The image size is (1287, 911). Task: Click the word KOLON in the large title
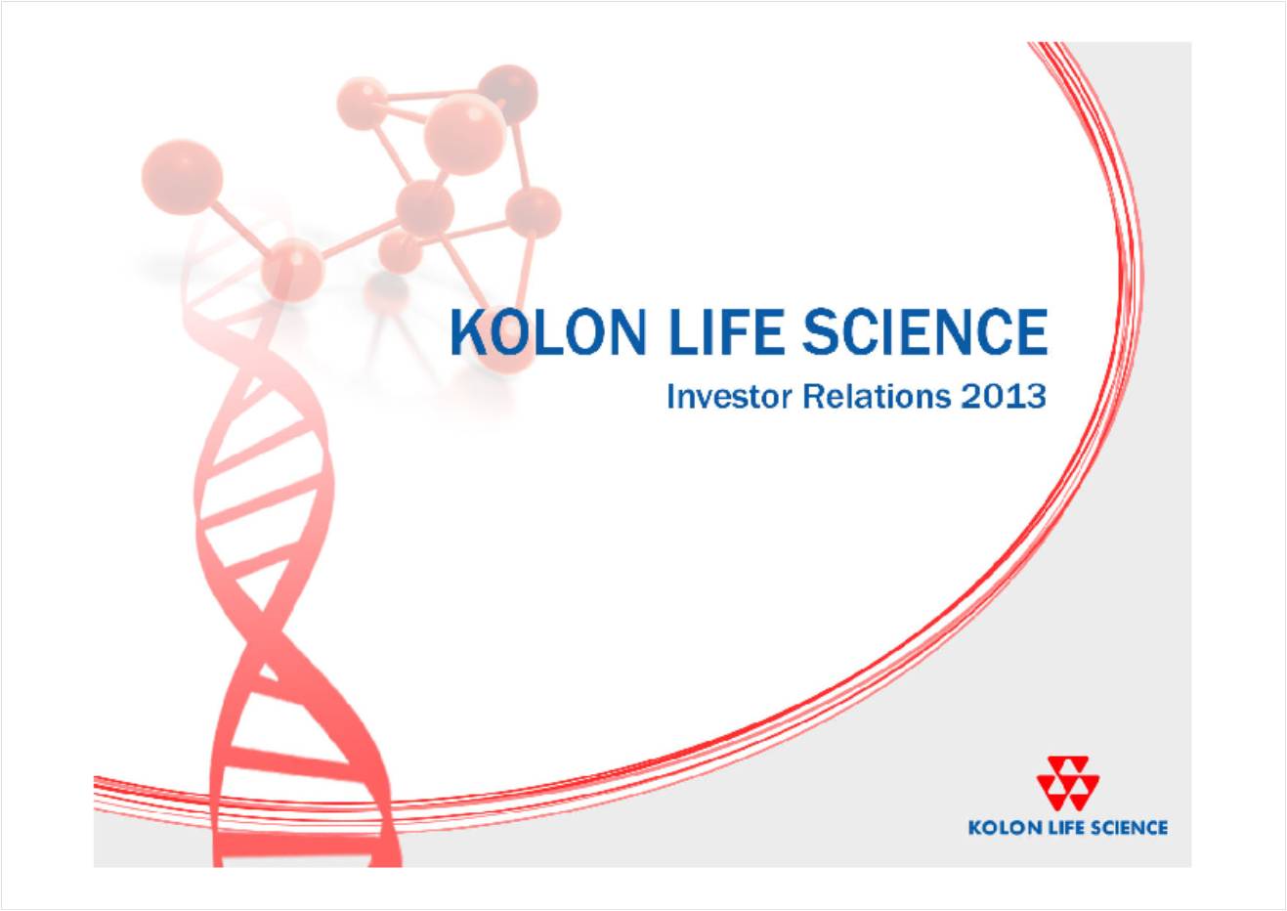click(548, 332)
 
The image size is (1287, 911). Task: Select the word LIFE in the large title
click(726, 332)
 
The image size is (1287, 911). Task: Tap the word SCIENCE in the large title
click(925, 332)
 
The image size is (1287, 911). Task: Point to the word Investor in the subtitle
click(729, 397)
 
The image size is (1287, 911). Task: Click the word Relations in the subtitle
click(877, 397)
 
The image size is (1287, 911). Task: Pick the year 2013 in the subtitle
click(1004, 397)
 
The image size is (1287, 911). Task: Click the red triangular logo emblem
click(1067, 783)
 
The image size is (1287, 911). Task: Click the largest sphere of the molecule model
click(465, 134)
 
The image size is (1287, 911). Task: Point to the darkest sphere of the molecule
click(508, 94)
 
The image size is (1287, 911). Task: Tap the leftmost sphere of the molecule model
click(182, 177)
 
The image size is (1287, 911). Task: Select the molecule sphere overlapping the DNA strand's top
click(292, 270)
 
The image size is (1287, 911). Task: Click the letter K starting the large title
click(469, 332)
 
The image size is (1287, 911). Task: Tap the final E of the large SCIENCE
click(1030, 332)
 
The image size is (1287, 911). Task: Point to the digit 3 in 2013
click(1035, 397)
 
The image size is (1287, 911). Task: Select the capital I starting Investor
click(670, 397)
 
